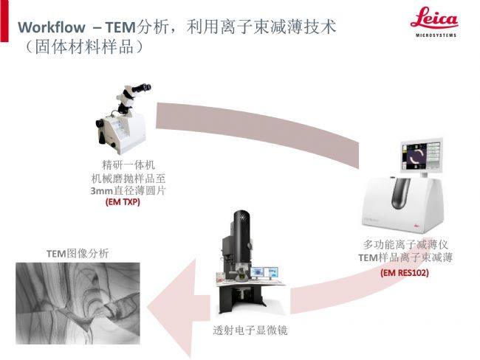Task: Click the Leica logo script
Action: point(434,18)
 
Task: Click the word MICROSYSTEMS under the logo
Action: point(436,35)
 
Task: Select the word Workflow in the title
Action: point(52,27)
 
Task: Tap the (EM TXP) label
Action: point(123,202)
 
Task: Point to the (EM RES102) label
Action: point(405,272)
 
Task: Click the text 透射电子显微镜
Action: point(250,330)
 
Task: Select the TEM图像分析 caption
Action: point(78,254)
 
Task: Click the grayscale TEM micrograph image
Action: point(78,303)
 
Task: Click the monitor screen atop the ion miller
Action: point(421,156)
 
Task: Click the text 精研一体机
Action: point(128,165)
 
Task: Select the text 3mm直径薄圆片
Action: point(128,190)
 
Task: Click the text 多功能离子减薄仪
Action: point(405,244)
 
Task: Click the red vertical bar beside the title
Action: point(4,21)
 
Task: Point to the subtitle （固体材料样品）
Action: point(83,47)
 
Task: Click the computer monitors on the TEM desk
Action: point(264,272)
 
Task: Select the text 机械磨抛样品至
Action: point(128,178)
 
